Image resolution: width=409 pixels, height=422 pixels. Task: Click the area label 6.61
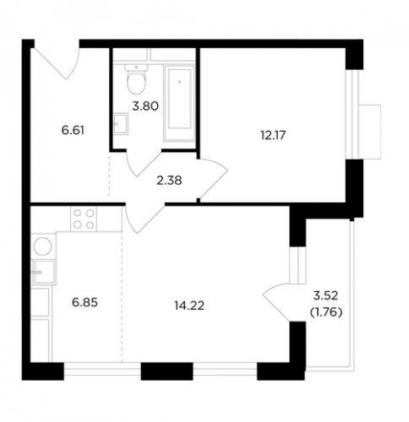coord(73,131)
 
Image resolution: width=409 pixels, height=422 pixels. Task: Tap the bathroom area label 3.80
coord(145,106)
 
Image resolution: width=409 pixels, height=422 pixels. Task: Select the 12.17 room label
coord(273,135)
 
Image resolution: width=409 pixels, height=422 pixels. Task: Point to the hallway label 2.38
coord(169,181)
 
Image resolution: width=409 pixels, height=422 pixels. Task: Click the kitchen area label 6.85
coord(85,303)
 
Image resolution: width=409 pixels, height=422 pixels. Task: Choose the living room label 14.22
coord(189,306)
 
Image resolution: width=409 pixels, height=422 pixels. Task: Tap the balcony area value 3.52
coord(325,295)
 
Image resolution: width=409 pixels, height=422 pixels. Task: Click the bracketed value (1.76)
coord(326,312)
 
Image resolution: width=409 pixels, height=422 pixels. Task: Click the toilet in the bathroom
coord(137,79)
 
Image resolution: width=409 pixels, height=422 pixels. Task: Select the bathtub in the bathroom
coord(179,103)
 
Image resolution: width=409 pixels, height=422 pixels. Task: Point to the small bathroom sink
coord(121,123)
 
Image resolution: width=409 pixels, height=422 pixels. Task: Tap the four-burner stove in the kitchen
coord(84,219)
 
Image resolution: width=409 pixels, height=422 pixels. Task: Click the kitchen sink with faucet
coord(44,272)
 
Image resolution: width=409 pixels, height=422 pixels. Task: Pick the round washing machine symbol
coord(43,246)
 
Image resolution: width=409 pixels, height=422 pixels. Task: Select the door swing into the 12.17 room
coord(213,178)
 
